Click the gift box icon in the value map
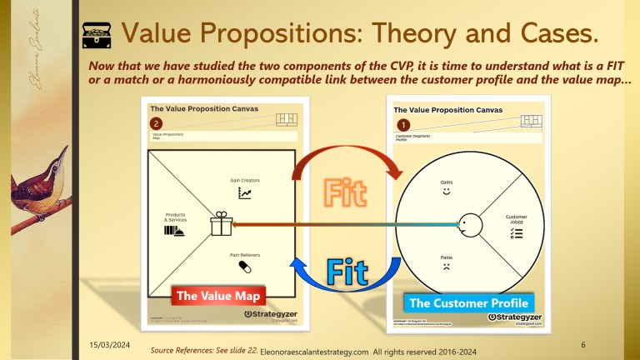[x=221, y=223]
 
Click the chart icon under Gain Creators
[x=245, y=192]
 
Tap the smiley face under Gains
[x=447, y=192]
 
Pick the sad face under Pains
[x=447, y=269]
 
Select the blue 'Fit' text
[x=347, y=272]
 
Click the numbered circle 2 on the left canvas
[x=156, y=123]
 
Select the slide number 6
[x=582, y=344]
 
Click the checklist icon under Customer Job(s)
[x=516, y=233]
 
